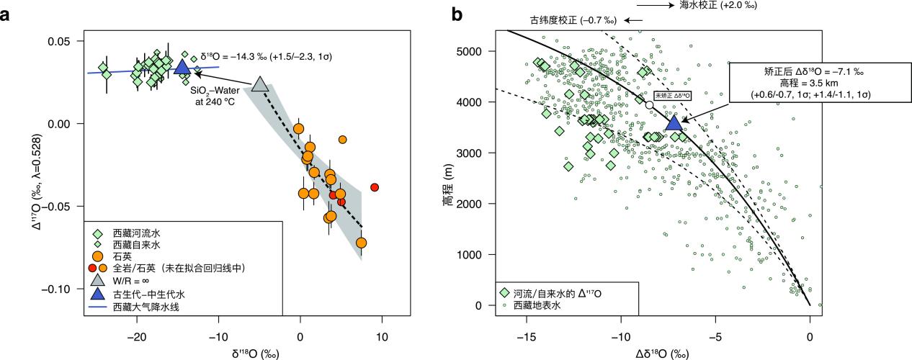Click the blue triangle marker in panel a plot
(x=182, y=68)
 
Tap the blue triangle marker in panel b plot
(x=671, y=122)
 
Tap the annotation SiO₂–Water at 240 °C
(x=213, y=96)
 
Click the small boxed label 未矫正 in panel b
(x=672, y=95)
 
